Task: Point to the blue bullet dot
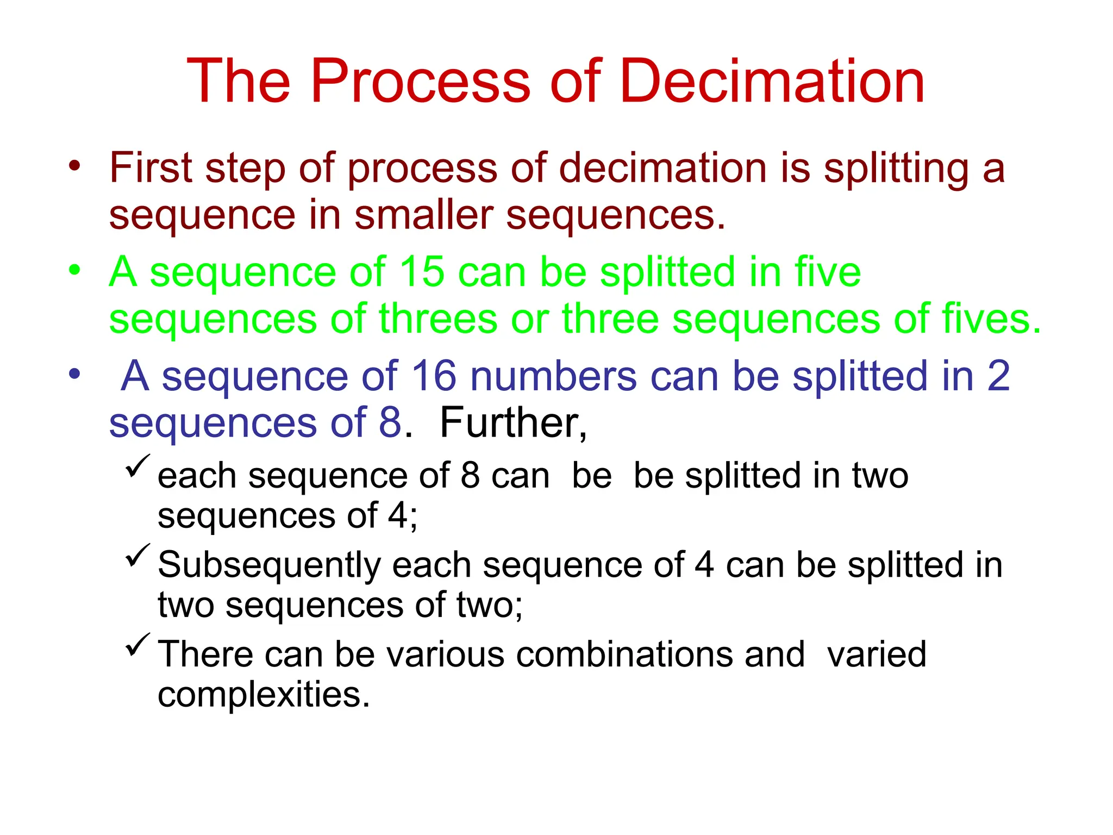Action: tap(74, 374)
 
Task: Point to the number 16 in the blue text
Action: tap(434, 376)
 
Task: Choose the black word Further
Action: tap(512, 423)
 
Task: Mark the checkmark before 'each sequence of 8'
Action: tap(137, 466)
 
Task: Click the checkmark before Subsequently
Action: tap(137, 556)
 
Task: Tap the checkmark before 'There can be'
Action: tap(137, 645)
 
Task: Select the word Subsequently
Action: tap(269, 566)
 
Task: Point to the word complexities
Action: tap(264, 695)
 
